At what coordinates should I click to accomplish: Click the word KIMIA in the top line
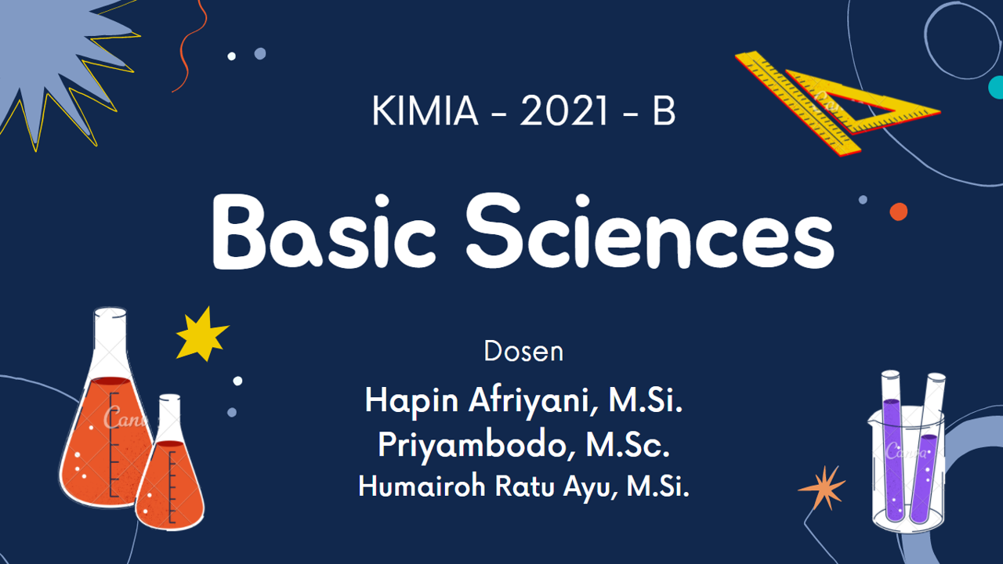[x=425, y=113]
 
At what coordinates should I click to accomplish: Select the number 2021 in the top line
[x=564, y=113]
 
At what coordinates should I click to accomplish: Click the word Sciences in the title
[x=650, y=232]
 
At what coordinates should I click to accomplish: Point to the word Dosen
[x=523, y=352]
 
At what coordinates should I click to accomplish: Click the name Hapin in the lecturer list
[x=412, y=402]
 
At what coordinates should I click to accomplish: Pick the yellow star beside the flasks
[x=201, y=334]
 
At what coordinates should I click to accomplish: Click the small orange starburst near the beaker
[x=822, y=487]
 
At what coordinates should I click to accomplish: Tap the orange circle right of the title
[x=899, y=211]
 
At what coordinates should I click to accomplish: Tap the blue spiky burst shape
[x=55, y=63]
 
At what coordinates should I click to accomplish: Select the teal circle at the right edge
[x=996, y=87]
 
